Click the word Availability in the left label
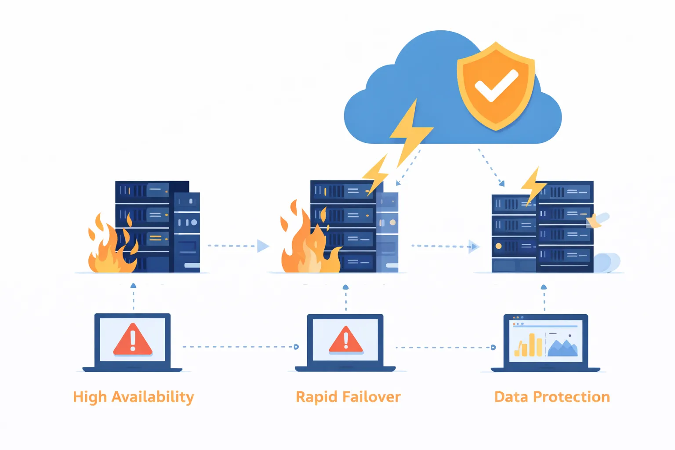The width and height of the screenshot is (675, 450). (152, 397)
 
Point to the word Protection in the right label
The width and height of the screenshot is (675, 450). (571, 397)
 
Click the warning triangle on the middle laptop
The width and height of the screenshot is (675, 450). (346, 340)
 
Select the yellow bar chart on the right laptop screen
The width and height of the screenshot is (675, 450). (529, 346)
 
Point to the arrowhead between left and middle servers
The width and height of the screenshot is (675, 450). (263, 246)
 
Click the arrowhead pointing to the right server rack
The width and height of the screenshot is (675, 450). (473, 247)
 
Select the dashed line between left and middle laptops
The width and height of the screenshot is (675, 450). (240, 347)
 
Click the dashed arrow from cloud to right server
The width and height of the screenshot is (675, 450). (490, 167)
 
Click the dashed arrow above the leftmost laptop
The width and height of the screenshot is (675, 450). (133, 297)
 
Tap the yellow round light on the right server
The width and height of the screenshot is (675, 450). (498, 246)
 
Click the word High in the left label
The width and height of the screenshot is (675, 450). (90, 397)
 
